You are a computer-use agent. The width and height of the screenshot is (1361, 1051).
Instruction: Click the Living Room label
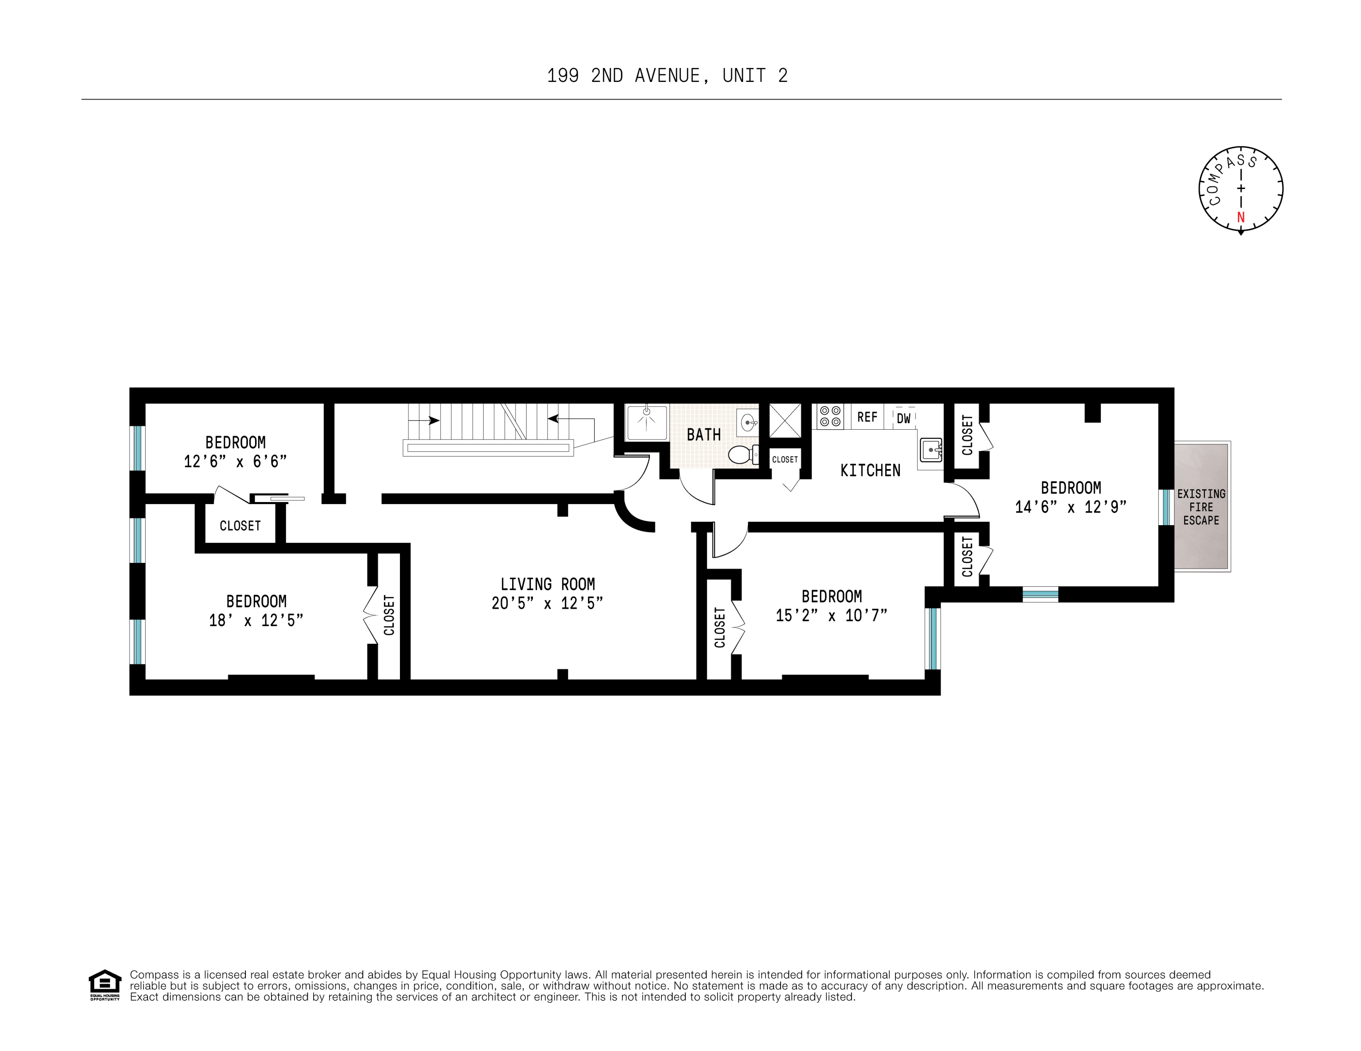tap(547, 584)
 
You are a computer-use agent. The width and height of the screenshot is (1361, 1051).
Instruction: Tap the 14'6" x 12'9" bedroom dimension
tap(1070, 507)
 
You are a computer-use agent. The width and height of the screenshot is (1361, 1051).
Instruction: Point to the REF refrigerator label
tap(867, 417)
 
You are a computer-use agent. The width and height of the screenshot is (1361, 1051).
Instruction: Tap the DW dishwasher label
tap(903, 418)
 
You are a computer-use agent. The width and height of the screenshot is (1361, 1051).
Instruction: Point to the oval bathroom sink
tap(747, 423)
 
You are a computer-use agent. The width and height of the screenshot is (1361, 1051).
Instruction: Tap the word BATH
tap(704, 435)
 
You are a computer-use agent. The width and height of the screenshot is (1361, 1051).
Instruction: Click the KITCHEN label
tap(870, 470)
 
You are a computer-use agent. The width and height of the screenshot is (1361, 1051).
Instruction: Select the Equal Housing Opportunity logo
tap(105, 985)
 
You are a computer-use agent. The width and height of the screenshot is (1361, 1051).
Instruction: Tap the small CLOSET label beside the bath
tap(785, 460)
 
